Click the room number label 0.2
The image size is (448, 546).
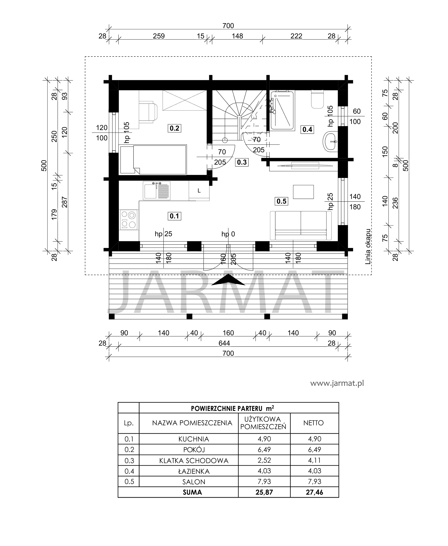[174, 128]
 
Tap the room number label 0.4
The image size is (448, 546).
[307, 129]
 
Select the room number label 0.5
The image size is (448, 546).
[282, 201]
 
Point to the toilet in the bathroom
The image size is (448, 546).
[317, 99]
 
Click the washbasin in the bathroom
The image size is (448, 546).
[330, 141]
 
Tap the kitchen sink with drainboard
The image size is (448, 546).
[157, 191]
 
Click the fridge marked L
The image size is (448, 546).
[199, 191]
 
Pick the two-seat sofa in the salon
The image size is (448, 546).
[301, 226]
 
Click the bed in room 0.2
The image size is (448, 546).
[153, 160]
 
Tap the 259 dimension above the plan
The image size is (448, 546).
[159, 36]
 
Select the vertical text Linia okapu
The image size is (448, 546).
[368, 247]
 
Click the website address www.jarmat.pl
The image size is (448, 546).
[337, 383]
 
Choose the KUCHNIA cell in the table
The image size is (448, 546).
[194, 439]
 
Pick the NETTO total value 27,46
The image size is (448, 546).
[314, 492]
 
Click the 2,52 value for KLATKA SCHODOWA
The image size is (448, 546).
[264, 460]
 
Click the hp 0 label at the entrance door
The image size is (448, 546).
[228, 234]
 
